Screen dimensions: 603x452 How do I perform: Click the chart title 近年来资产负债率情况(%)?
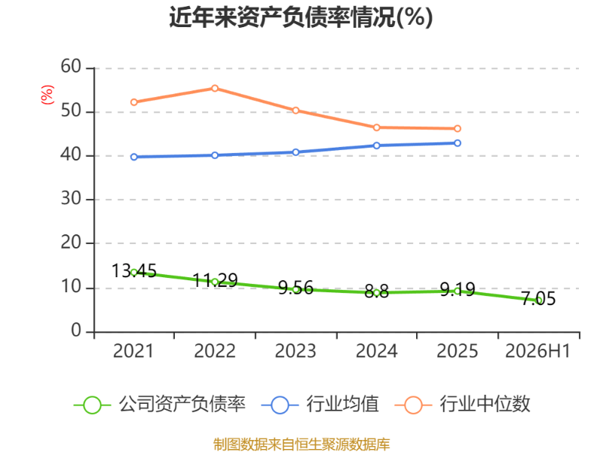pos(301,17)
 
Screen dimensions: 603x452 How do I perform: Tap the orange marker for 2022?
pos(215,88)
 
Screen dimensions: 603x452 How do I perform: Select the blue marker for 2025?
pos(458,143)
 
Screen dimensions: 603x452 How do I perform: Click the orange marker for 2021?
pos(134,102)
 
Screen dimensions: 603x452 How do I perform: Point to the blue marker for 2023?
pos(295,152)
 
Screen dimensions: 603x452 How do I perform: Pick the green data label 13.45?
pos(134,271)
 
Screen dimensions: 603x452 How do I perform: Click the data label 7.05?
pos(538,298)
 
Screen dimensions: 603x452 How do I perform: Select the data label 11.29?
pos(215,280)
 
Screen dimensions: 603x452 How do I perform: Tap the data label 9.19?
pos(458,289)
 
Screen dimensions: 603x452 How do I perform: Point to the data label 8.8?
pos(376,292)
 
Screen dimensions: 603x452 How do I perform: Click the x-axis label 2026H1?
pos(537,351)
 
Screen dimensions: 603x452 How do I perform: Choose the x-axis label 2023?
pos(295,351)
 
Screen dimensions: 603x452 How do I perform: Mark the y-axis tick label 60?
pos(71,66)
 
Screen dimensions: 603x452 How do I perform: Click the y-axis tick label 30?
pos(71,199)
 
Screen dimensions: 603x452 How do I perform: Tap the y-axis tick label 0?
pos(76,331)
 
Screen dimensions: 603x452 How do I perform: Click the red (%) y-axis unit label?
pos(47,95)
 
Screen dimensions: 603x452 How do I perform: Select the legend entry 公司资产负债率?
pos(160,405)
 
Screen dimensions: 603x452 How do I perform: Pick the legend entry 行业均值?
pos(320,405)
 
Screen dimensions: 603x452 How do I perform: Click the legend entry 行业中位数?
pos(463,405)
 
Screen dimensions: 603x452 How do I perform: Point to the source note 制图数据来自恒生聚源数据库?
pos(301,444)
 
